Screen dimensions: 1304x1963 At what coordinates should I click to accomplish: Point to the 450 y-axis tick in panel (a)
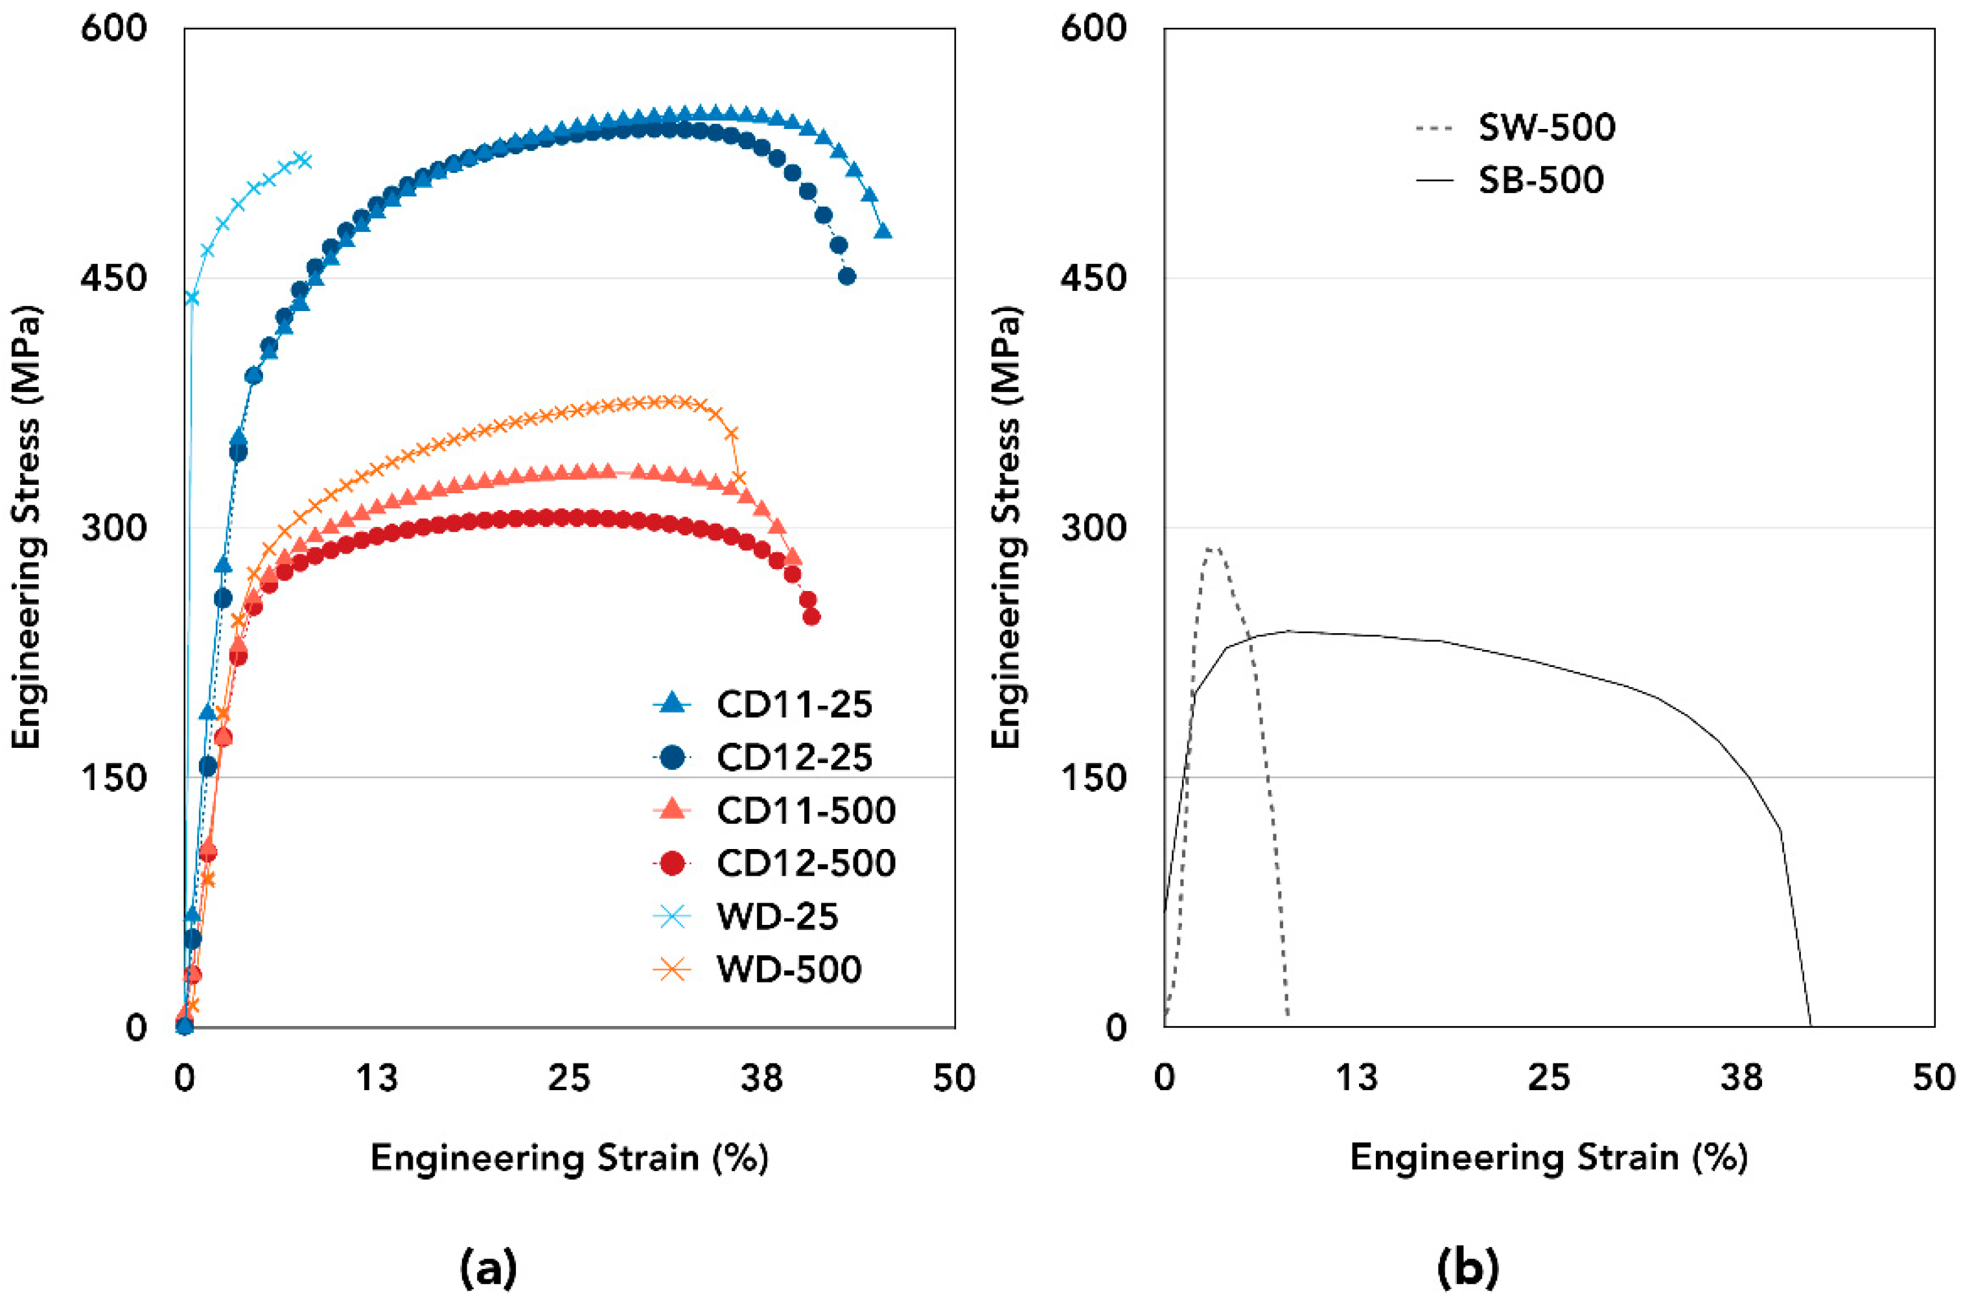coord(114,279)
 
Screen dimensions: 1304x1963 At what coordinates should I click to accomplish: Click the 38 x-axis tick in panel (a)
coord(761,1078)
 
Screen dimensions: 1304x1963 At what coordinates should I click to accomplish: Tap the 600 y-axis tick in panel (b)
coord(1093,29)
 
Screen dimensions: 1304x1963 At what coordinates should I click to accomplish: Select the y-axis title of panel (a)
coord(27,528)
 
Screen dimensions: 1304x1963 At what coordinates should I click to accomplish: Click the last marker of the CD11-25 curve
coord(883,231)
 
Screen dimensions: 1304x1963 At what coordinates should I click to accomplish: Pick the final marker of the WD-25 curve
coord(305,159)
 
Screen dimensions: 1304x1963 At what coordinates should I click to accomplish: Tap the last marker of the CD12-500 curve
coord(811,616)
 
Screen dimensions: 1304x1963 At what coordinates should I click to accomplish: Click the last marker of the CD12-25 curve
coord(846,276)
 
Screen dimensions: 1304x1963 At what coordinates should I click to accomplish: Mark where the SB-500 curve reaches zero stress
coord(1810,1026)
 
